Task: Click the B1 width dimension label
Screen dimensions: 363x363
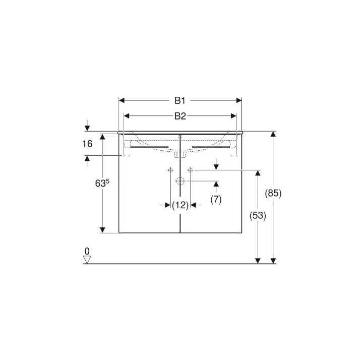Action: (x=179, y=100)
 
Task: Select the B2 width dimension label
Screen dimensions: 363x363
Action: (x=180, y=116)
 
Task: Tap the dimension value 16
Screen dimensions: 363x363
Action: (x=87, y=144)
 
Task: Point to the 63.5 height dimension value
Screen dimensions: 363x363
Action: (x=102, y=183)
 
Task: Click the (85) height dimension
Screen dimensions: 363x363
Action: (x=273, y=193)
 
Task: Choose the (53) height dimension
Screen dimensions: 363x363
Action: (x=258, y=216)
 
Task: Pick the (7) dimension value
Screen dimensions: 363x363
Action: (x=216, y=200)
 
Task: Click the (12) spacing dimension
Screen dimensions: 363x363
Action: (x=180, y=205)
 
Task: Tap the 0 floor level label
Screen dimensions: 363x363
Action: (x=87, y=251)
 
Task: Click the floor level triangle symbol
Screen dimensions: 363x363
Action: (x=87, y=260)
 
